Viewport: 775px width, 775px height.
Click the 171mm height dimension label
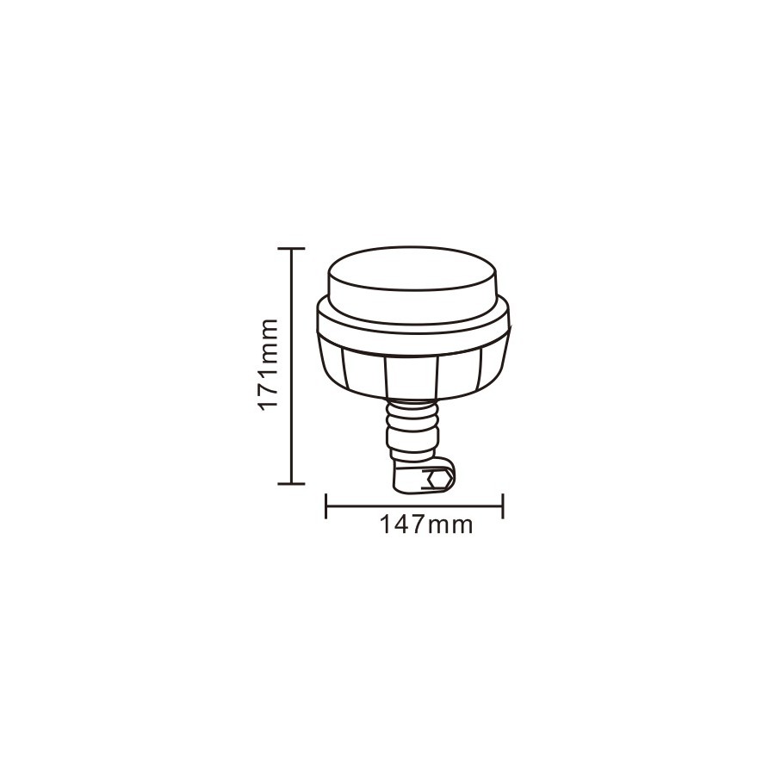tap(269, 365)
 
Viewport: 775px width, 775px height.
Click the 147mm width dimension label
tap(426, 524)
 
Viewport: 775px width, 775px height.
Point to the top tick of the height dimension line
tap(291, 248)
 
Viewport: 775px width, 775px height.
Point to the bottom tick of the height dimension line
tap(291, 483)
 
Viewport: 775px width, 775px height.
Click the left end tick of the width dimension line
tap(326, 505)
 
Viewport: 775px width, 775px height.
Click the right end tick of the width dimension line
tap(503, 505)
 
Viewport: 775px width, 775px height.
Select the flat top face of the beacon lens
tap(412, 269)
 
